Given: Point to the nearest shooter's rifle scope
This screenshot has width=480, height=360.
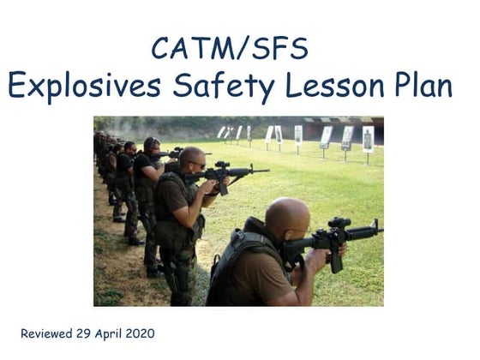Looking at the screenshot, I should [x=338, y=225].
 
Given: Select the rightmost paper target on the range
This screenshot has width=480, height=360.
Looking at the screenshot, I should [x=368, y=137].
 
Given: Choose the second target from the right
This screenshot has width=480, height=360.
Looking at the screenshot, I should [x=346, y=136].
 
